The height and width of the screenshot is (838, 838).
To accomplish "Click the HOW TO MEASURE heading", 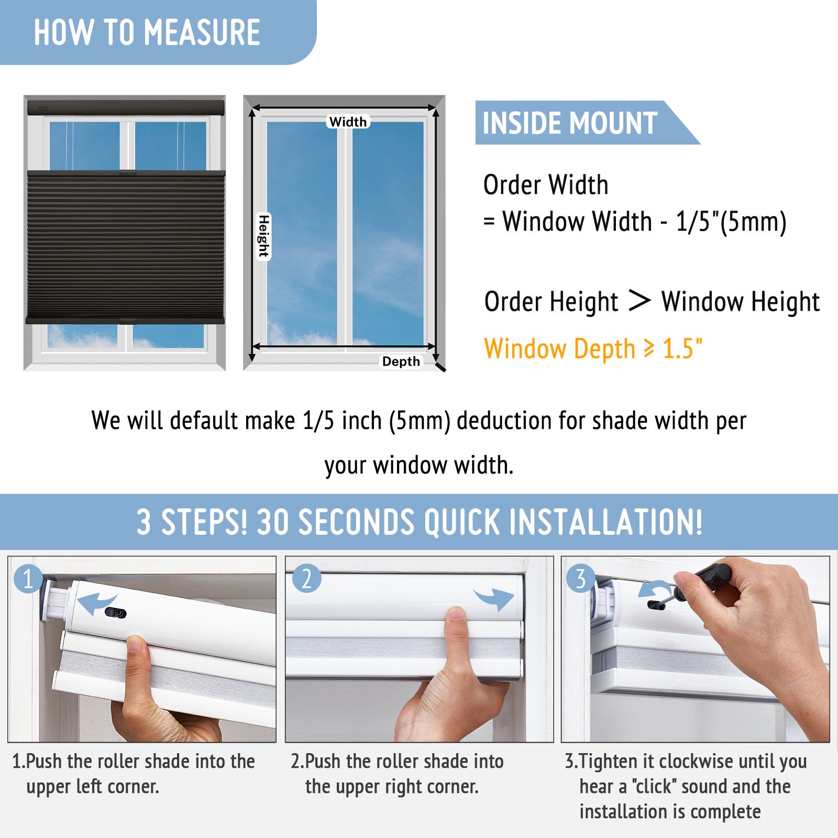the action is (x=147, y=32).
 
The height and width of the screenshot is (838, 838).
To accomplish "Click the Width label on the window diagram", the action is (x=348, y=122).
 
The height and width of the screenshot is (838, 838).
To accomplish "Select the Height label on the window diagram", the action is (x=263, y=236).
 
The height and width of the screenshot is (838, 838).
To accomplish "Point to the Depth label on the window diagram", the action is (x=401, y=361).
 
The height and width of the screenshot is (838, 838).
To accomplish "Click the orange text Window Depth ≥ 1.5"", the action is (x=593, y=349).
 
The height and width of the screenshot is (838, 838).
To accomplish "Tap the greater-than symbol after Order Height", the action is (x=639, y=301).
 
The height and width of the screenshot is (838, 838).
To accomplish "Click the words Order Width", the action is (x=546, y=184).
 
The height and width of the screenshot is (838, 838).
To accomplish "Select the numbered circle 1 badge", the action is (x=28, y=579).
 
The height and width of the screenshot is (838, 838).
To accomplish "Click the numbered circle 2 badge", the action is (x=306, y=579).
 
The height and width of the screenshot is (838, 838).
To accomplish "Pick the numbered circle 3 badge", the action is (x=580, y=579).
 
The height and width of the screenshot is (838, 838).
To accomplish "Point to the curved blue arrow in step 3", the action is (x=654, y=589).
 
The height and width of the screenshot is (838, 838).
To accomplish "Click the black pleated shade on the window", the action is (x=126, y=246).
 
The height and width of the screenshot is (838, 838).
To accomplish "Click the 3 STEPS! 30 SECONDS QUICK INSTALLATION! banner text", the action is (x=419, y=522).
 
